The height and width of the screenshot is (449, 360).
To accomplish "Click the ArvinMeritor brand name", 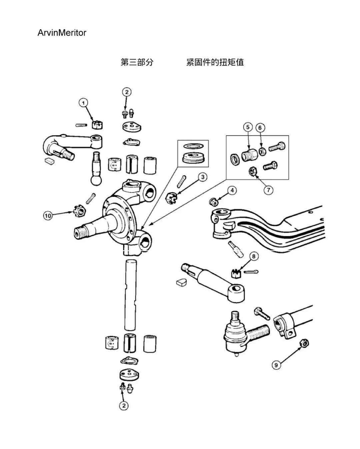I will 62,33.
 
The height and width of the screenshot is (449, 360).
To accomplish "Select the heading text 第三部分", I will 137,62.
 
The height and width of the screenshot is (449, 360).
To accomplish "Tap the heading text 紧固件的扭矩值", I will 215,62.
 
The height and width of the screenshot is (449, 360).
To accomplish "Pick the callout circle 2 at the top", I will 126,92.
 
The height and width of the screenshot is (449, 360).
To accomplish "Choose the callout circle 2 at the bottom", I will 124,405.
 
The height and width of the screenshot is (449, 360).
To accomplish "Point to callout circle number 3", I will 203,177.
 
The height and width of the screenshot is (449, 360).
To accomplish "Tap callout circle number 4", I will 232,190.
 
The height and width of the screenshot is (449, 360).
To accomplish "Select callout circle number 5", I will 248,127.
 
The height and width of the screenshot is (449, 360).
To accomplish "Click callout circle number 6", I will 260,127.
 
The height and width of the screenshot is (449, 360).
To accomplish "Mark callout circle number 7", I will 268,190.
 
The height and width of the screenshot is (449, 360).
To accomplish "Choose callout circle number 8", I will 254,256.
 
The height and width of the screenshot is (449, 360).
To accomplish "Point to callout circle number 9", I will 276,365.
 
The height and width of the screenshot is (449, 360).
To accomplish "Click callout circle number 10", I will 48,216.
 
